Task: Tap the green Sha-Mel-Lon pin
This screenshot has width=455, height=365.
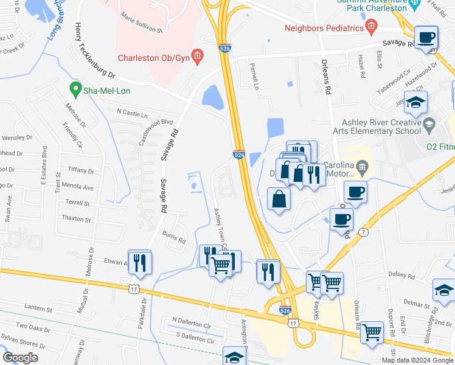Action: pyautogui.click(x=76, y=90)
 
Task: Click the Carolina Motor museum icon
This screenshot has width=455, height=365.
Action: pyautogui.click(x=363, y=165)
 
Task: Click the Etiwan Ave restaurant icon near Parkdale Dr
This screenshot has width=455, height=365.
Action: pyautogui.click(x=140, y=262)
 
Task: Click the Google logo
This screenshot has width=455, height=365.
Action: pyautogui.click(x=21, y=358)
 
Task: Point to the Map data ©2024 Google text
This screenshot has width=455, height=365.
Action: pyautogui.click(x=417, y=360)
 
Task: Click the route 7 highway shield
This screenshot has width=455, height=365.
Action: pyautogui.click(x=363, y=232)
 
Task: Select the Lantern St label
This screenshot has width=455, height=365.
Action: pyautogui.click(x=40, y=309)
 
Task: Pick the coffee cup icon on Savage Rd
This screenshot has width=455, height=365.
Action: pyautogui.click(x=426, y=38)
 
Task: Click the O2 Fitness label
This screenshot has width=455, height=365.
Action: pyautogui.click(x=440, y=146)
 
